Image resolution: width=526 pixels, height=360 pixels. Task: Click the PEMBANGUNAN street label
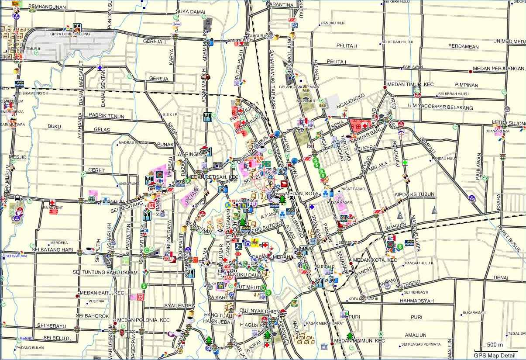click(47, 7)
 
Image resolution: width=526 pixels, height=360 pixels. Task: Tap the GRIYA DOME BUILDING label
click(70, 34)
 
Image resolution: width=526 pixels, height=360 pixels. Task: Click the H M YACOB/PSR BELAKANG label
click(440, 107)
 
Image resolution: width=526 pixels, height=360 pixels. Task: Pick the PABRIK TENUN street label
click(107, 116)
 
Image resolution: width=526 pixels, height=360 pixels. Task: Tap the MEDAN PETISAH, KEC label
click(212, 177)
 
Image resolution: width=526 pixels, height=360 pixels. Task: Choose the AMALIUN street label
click(415, 335)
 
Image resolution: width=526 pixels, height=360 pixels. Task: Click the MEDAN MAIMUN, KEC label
click(359, 341)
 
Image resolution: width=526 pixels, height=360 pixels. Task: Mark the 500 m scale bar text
click(495, 345)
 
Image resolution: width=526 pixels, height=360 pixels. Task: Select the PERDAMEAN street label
click(463, 47)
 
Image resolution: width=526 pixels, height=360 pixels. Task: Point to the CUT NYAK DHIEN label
click(259, 311)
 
